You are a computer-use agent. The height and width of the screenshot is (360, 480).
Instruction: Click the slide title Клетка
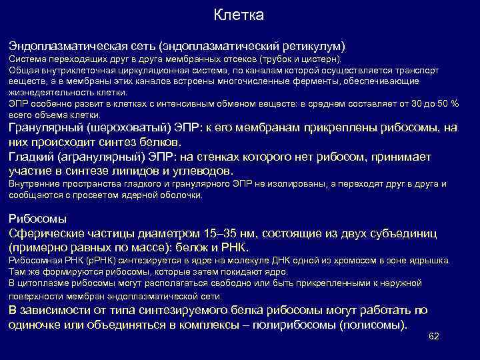tap(240, 15)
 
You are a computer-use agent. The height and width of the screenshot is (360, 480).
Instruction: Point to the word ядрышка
tap(431, 261)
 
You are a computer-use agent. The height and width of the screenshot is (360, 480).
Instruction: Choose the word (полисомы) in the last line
tap(373, 325)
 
